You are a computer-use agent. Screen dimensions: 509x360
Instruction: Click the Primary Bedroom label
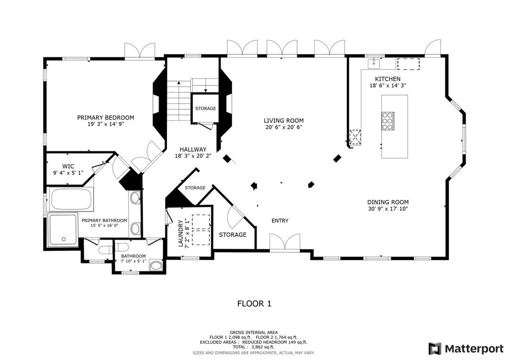click(105, 117)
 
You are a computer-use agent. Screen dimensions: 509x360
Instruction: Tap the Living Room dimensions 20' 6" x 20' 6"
click(284, 127)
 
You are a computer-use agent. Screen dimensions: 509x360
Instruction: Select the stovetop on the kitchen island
click(388, 121)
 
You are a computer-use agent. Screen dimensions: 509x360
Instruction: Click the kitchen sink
click(374, 63)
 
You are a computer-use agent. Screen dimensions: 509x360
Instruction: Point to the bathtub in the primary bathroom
click(71, 199)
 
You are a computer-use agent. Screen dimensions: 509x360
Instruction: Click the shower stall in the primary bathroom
click(63, 229)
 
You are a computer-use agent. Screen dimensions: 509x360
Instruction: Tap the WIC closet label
click(68, 166)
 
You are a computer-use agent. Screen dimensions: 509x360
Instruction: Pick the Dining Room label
click(388, 202)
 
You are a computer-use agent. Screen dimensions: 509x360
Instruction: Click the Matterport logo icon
click(435, 349)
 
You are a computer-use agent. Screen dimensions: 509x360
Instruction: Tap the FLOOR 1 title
click(254, 304)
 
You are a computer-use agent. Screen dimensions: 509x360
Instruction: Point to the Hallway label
click(193, 149)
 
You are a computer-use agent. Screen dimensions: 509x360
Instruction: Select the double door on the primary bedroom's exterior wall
click(140, 51)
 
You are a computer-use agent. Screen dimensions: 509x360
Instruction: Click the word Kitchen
click(388, 79)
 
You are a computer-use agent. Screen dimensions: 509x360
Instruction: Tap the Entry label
click(280, 221)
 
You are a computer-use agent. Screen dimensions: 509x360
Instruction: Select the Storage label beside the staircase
click(205, 108)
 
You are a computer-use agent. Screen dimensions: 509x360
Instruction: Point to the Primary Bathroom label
click(104, 220)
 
